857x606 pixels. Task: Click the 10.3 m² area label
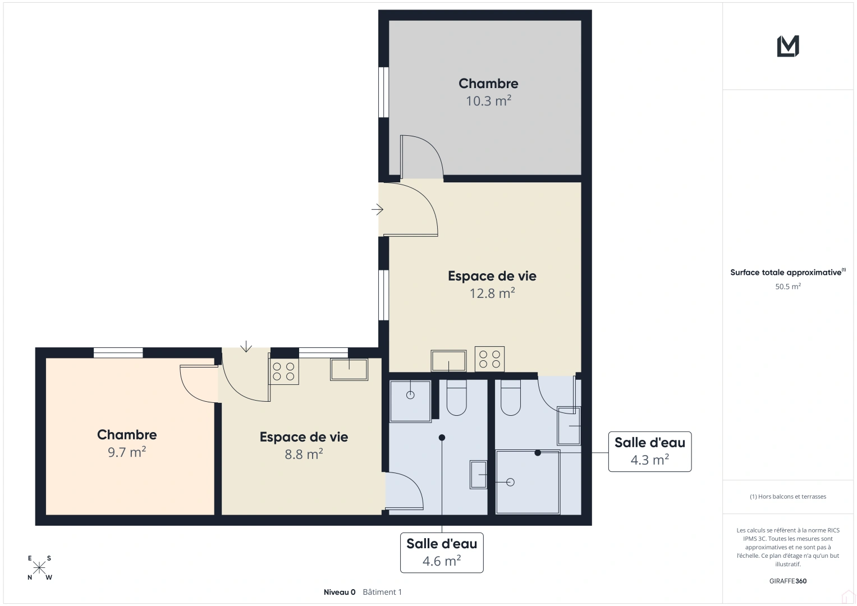tap(488, 101)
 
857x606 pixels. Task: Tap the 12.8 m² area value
tap(492, 293)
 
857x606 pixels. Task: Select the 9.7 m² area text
tap(127, 452)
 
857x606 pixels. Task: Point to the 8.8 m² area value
tap(304, 454)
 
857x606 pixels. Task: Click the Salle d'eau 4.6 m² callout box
tap(442, 553)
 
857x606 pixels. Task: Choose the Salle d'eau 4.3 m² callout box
tap(650, 452)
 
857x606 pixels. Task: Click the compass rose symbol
tap(39, 568)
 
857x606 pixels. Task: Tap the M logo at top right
tap(788, 46)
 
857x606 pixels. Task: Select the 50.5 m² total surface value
tap(788, 287)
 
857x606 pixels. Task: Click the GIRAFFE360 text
tap(788, 581)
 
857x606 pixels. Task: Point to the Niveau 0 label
tap(340, 592)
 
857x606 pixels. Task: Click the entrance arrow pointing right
tap(377, 209)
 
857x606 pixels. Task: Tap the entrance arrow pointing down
tap(246, 346)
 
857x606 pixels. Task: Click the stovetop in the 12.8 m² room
tap(489, 359)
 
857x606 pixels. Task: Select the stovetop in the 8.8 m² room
tap(283, 371)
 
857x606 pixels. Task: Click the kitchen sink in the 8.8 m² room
tap(349, 369)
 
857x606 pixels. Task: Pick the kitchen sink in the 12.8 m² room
tap(448, 361)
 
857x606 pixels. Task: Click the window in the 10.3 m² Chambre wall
tap(383, 92)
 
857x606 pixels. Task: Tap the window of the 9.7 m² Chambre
tap(118, 353)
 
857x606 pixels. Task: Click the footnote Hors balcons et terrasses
tap(788, 497)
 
